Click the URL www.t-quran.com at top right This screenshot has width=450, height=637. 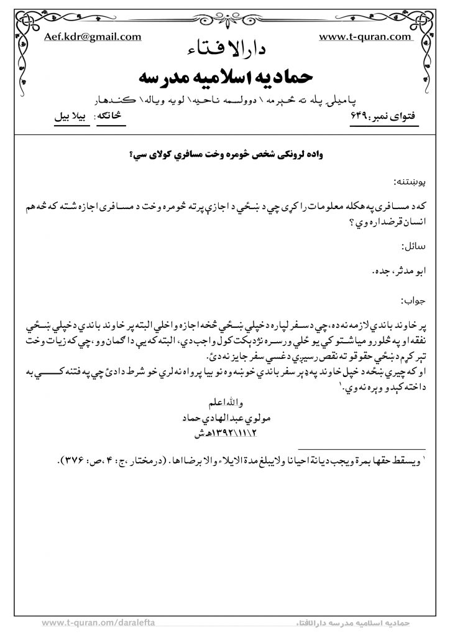click(x=365, y=37)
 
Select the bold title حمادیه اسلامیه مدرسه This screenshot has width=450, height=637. click(x=224, y=78)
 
